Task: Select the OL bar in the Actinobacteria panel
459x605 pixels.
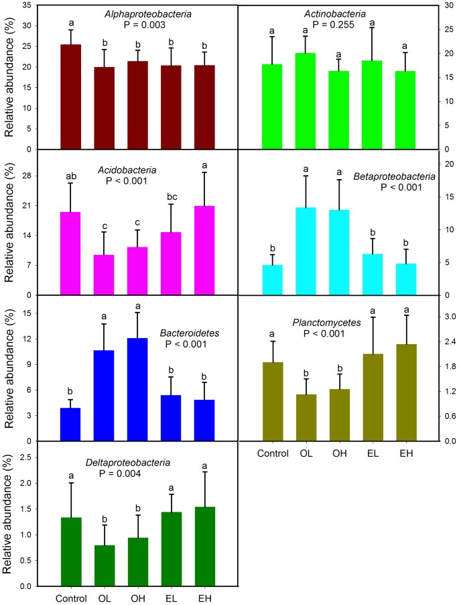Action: (x=306, y=101)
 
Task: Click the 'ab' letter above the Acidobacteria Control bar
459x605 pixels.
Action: (x=71, y=176)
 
